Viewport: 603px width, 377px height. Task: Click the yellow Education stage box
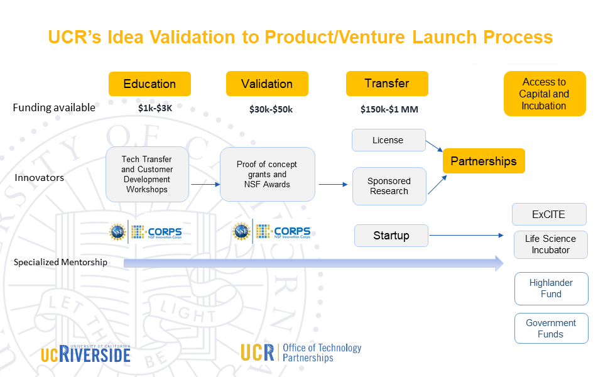[149, 84]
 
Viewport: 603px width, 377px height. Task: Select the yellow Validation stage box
[267, 84]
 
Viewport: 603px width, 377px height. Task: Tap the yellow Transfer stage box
[387, 84]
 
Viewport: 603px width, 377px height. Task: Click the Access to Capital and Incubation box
[545, 94]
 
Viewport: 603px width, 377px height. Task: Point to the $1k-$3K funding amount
[155, 108]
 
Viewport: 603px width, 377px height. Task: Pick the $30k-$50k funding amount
[271, 109]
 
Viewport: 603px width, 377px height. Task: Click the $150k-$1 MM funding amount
[389, 109]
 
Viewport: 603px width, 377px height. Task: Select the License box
[388, 140]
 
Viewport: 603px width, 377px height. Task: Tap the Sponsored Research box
[389, 186]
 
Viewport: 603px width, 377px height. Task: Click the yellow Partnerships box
[484, 161]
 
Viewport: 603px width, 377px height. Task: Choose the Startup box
[391, 236]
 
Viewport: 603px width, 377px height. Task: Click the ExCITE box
[549, 214]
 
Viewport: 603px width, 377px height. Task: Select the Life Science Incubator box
[551, 244]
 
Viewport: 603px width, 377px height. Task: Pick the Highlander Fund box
[551, 288]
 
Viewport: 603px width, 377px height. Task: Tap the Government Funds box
[551, 328]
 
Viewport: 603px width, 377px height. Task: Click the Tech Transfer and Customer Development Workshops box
[147, 174]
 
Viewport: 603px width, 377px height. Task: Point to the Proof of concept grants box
[268, 174]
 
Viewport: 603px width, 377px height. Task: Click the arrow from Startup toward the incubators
[466, 235]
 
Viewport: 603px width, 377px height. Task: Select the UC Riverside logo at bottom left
[86, 354]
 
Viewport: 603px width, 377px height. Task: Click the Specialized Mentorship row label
[60, 263]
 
